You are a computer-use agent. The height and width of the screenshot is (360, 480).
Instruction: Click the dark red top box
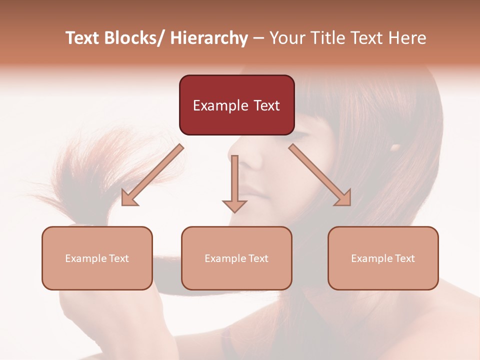236,105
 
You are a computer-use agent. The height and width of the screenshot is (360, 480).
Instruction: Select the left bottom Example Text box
97,258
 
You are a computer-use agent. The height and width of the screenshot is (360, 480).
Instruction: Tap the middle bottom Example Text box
236,258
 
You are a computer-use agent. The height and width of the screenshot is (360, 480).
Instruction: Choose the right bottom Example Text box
383,258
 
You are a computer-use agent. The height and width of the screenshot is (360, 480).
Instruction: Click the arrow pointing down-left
152,175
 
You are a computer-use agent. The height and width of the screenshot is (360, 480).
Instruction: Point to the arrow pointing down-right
320,175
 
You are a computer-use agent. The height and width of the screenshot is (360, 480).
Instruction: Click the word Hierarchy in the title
209,38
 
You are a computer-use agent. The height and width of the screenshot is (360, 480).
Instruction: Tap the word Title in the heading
328,38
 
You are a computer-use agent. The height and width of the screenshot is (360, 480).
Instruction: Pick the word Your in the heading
287,38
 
